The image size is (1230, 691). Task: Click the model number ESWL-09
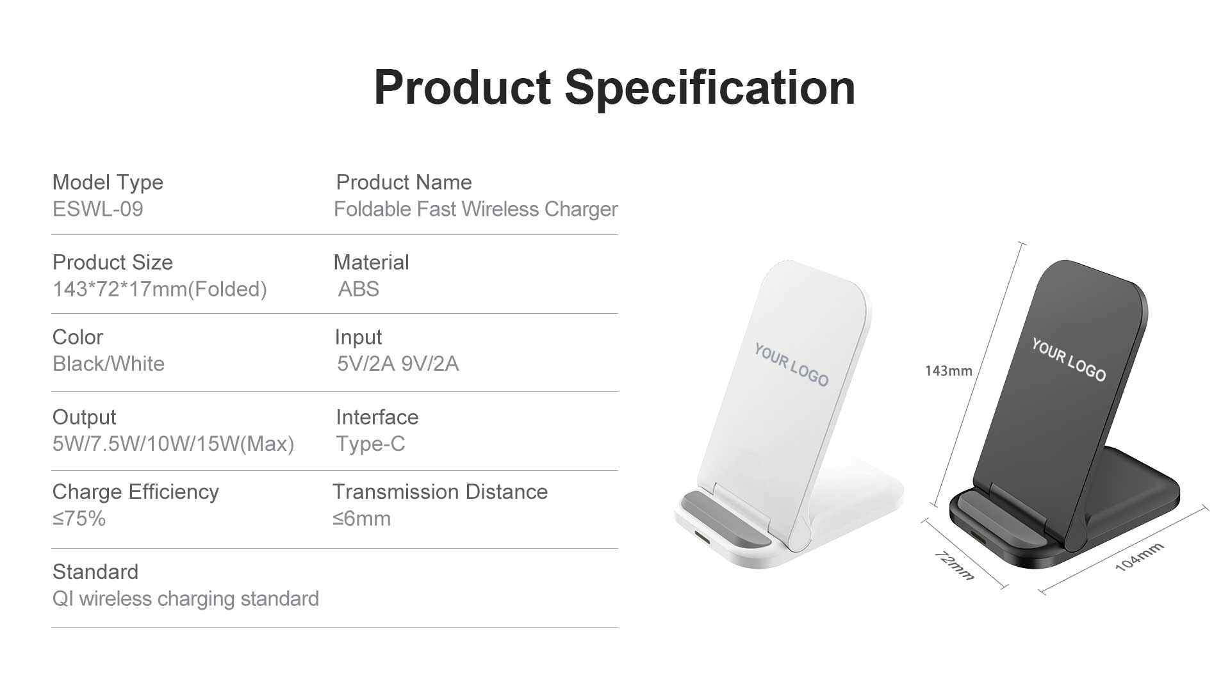(x=98, y=209)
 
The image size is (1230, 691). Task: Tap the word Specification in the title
(x=710, y=88)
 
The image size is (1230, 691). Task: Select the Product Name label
(x=404, y=183)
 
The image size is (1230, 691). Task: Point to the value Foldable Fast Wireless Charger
(x=476, y=209)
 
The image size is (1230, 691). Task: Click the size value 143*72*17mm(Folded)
(x=160, y=289)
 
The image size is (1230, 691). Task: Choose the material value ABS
(x=359, y=289)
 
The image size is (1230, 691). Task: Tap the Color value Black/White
(x=108, y=364)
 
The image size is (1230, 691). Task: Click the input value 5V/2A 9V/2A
(x=398, y=364)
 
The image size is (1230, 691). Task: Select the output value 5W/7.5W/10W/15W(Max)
(x=173, y=444)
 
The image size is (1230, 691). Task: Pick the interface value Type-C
(x=370, y=444)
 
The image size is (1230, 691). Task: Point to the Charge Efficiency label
(x=135, y=492)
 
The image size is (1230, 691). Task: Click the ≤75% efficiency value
(x=79, y=518)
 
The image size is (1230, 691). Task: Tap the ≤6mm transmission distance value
(x=361, y=518)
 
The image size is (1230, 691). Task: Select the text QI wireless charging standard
(x=185, y=599)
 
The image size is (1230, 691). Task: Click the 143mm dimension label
(x=948, y=371)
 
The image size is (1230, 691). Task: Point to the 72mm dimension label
(x=954, y=565)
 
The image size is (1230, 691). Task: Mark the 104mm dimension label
(x=1139, y=557)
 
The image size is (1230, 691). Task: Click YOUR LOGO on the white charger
(x=791, y=364)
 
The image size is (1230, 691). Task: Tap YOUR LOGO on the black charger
(x=1069, y=360)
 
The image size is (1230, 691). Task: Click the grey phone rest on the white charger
(x=726, y=519)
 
